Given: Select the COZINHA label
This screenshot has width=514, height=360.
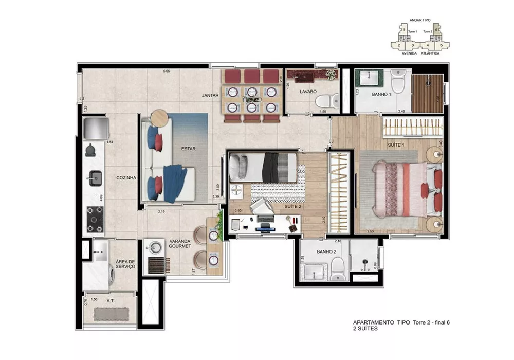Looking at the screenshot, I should [125, 177].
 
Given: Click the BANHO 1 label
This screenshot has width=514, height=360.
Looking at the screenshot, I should [382, 95].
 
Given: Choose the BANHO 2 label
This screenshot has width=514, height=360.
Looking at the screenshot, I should [326, 252].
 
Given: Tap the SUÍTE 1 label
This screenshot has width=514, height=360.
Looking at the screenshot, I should [394, 146].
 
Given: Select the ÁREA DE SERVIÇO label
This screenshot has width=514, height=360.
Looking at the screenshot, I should [125, 264].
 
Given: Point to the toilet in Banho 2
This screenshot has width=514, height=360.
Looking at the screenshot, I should [337, 267].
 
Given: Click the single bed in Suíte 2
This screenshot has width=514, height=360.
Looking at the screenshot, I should [262, 167].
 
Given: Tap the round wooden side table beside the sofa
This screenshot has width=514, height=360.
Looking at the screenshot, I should [159, 117].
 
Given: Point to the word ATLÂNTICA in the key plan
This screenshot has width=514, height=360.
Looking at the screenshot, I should [430, 53].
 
